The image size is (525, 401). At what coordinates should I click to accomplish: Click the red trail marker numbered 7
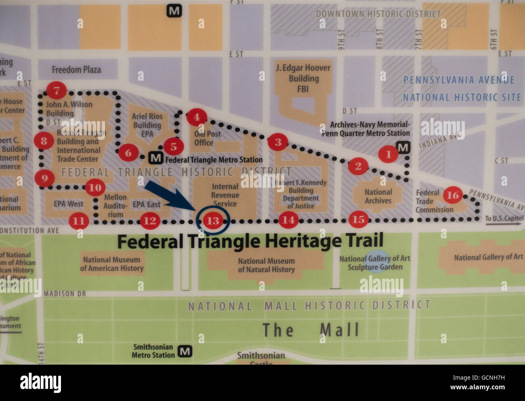(x=57, y=90)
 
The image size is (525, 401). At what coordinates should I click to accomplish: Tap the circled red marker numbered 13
(x=212, y=220)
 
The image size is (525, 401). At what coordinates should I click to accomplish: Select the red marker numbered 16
(x=452, y=195)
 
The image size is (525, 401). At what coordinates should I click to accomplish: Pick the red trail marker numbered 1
(x=388, y=154)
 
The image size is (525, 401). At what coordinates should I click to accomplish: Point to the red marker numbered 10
(x=95, y=187)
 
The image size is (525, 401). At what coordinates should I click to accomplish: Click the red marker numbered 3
(x=278, y=142)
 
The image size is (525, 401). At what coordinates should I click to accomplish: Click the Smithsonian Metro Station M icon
(x=185, y=351)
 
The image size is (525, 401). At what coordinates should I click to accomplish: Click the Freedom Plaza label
(x=76, y=70)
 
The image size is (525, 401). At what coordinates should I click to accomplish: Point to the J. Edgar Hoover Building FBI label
(x=303, y=78)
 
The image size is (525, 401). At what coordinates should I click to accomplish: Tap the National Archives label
(x=378, y=196)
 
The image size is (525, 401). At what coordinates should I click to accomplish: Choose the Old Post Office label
(x=207, y=138)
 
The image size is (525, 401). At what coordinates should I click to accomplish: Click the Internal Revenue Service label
(x=225, y=195)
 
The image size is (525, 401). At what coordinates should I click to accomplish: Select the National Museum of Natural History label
(x=266, y=265)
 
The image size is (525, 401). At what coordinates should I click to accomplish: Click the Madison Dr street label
(x=65, y=294)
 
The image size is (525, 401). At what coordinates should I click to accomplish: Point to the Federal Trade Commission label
(x=434, y=201)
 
